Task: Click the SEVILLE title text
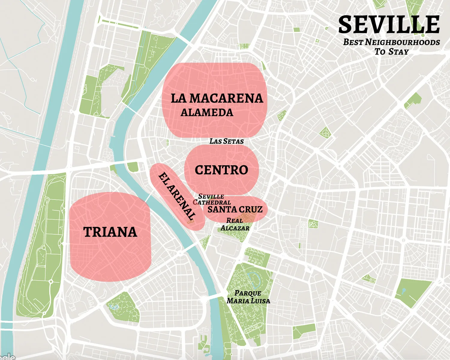(389, 25)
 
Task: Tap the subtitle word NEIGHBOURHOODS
(402, 42)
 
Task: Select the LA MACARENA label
(217, 99)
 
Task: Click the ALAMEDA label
(207, 113)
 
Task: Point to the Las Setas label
(226, 141)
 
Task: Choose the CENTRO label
(221, 170)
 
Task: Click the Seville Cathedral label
(211, 199)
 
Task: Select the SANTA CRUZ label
(235, 209)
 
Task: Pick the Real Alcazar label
(235, 224)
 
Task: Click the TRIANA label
(110, 232)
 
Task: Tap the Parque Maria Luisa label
(248, 297)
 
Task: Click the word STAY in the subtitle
(398, 52)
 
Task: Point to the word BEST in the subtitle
(353, 42)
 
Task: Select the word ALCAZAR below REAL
(235, 228)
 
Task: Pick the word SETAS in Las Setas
(233, 141)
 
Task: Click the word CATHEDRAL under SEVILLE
(212, 202)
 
